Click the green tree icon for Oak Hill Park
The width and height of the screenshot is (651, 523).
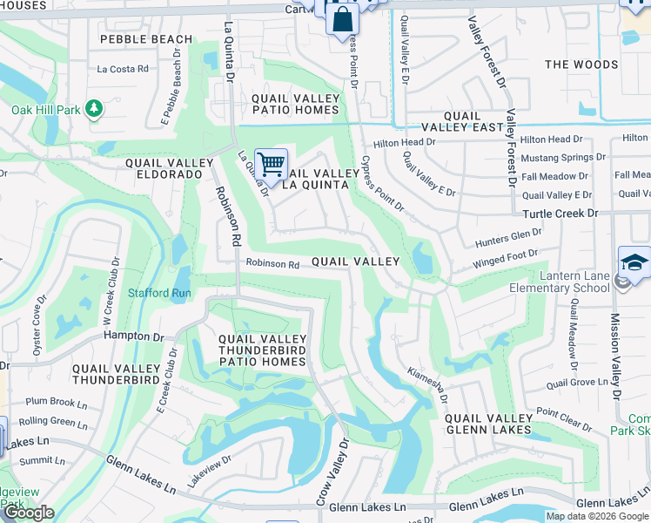click(x=94, y=109)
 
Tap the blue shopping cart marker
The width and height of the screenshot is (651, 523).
click(x=272, y=163)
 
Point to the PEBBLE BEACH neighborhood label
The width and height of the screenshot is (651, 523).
click(x=146, y=39)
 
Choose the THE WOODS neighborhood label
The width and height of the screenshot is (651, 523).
click(x=581, y=65)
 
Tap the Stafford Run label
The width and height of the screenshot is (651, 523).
click(x=160, y=293)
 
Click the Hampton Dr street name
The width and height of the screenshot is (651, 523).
click(x=133, y=336)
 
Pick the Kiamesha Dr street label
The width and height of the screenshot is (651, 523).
click(x=426, y=384)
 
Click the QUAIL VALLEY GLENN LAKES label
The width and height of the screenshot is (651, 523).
click(x=488, y=424)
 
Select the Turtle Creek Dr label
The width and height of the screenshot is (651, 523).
click(x=560, y=214)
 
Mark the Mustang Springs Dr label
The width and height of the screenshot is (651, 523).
click(x=563, y=158)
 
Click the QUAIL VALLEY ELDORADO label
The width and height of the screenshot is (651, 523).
click(x=169, y=169)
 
